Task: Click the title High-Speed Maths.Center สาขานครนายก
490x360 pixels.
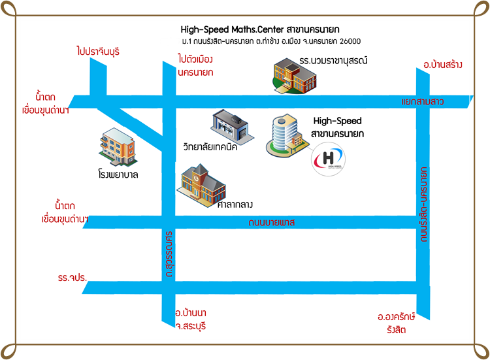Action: [x=264, y=29]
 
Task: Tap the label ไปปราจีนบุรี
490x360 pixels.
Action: [x=98, y=50]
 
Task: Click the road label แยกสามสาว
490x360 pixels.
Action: [x=423, y=101]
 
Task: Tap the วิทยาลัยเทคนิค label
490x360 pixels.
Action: [x=210, y=146]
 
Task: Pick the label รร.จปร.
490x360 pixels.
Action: [x=72, y=278]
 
